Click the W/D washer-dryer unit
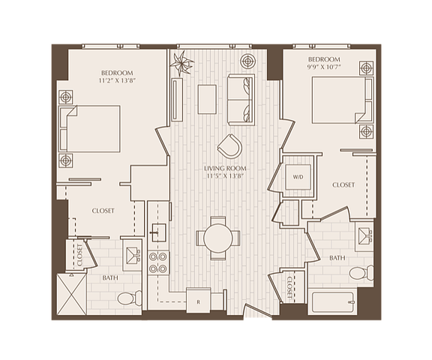(298, 177)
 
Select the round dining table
(218, 238)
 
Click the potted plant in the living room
(181, 64)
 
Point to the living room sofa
(241, 100)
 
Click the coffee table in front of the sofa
(207, 99)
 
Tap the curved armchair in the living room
(230, 146)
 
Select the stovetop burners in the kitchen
(158, 262)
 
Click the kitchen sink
(159, 232)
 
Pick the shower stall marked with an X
(72, 294)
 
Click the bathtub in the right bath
(332, 302)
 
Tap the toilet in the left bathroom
(129, 298)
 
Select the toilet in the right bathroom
(361, 273)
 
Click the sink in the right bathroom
(364, 235)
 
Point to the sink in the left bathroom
(133, 255)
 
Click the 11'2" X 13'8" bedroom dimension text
(118, 81)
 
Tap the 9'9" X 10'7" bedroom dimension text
(322, 67)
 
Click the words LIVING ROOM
(225, 169)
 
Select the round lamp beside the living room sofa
(247, 61)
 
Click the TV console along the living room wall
(177, 99)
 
